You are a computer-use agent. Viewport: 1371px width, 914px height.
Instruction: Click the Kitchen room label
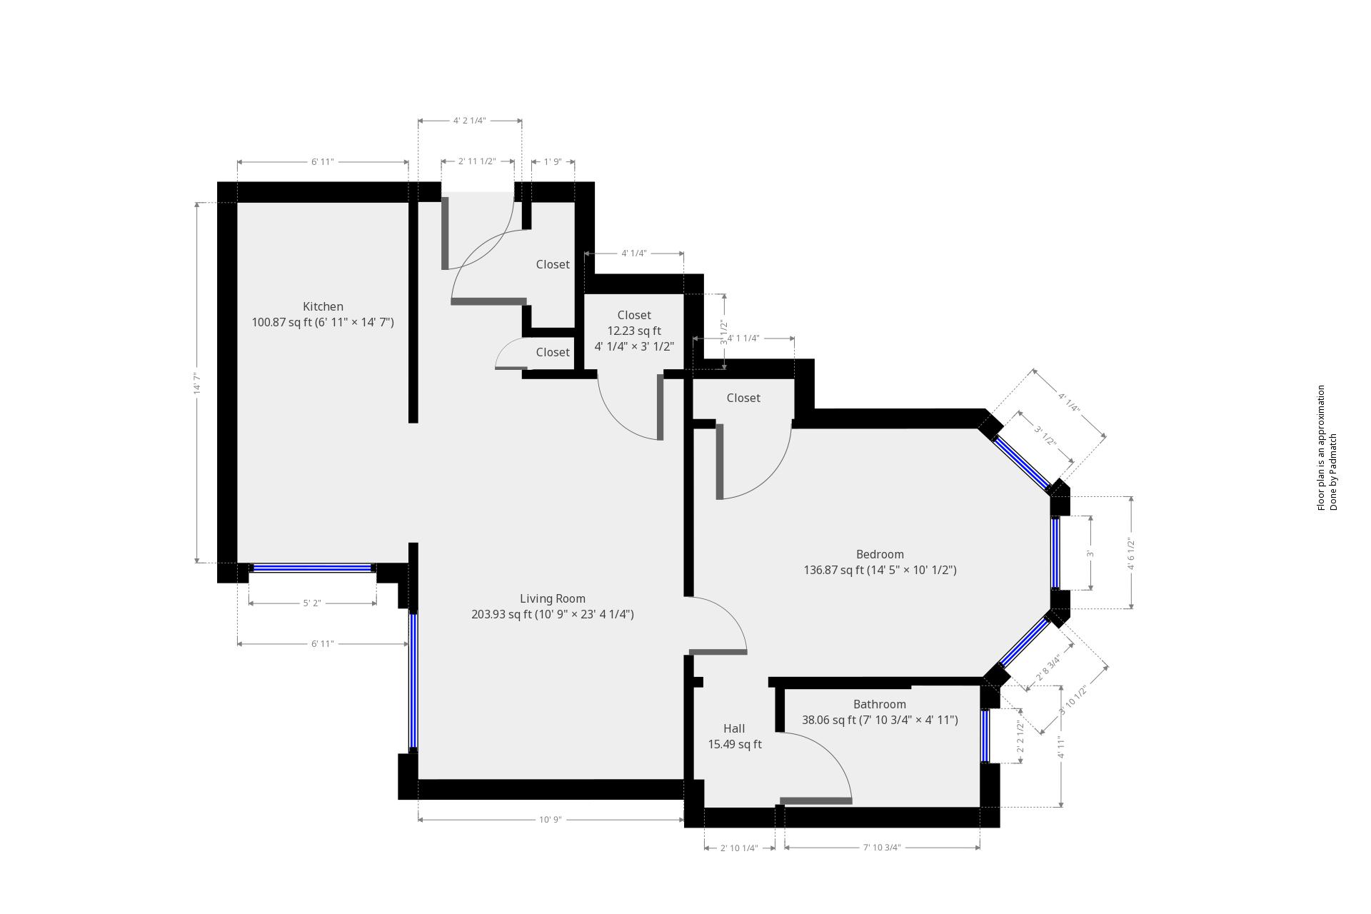coord(323,306)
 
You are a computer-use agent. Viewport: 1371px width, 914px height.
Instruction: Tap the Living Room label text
coord(552,598)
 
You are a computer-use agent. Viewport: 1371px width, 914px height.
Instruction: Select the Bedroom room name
coord(880,554)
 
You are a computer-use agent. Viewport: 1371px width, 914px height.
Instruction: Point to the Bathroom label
coord(879,704)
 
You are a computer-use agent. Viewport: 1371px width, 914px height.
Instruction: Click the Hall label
coord(734,728)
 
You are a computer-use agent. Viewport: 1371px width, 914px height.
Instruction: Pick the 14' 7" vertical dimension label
coord(197,383)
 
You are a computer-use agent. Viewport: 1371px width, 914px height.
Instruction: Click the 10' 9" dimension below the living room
coord(551,820)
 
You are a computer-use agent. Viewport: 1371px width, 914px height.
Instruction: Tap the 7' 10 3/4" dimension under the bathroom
coord(882,848)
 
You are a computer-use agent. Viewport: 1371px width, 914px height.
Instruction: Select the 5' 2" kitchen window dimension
coord(312,603)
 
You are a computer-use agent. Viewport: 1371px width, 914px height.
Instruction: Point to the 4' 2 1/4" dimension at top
coord(469,121)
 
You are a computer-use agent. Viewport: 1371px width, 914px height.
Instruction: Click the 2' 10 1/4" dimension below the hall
coord(739,848)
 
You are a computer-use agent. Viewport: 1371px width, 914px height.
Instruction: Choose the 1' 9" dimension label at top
coord(553,162)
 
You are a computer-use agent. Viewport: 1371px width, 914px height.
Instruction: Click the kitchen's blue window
coord(312,568)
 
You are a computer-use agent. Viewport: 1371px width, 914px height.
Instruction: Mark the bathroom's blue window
coord(985,736)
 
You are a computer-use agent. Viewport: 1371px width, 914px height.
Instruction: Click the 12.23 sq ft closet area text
coord(634,331)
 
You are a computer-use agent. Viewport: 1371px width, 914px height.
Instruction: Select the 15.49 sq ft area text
coord(735,744)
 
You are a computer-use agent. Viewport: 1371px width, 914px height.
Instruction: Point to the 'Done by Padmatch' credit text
coord(1332,471)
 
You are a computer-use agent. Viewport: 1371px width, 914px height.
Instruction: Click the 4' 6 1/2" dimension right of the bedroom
coord(1131,553)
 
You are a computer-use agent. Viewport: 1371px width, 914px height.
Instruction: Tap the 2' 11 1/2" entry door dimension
coord(477,162)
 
